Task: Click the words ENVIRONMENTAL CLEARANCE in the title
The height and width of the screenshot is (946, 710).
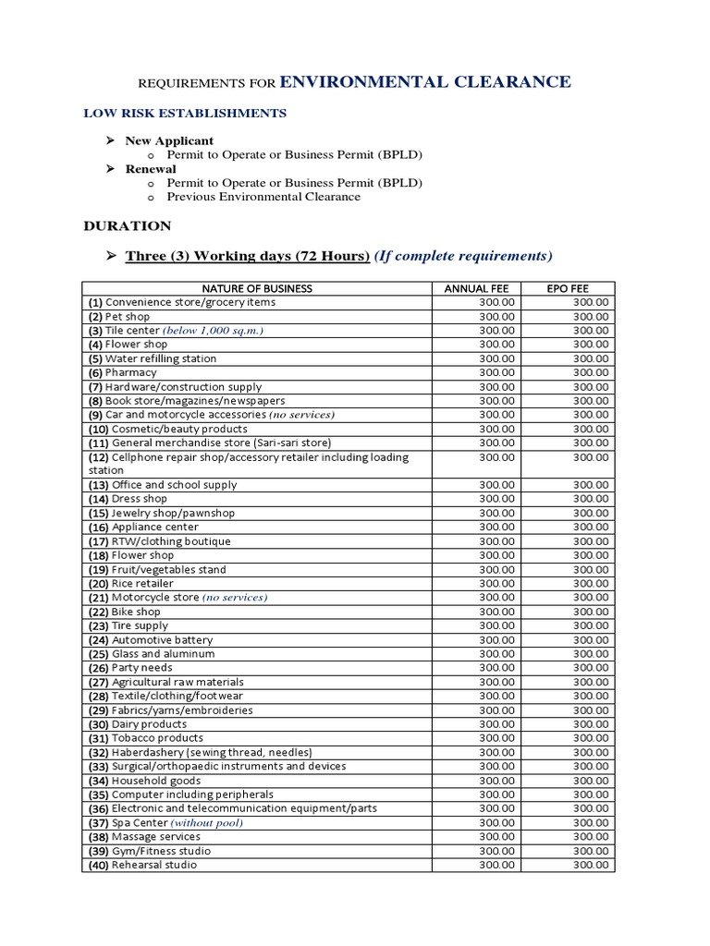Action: (x=424, y=82)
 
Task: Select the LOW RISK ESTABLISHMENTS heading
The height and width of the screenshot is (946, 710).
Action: (x=185, y=113)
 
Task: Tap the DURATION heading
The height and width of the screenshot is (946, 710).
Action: (x=128, y=225)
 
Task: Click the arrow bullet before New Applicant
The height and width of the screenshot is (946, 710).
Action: (x=108, y=140)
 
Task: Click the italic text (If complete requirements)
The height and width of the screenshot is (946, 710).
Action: (x=463, y=255)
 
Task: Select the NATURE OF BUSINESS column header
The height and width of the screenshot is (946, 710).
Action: (x=257, y=288)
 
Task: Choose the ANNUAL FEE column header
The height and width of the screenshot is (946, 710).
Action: (x=477, y=288)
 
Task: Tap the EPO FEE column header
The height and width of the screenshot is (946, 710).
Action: (x=569, y=288)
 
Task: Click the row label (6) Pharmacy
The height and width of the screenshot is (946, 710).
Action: (x=123, y=372)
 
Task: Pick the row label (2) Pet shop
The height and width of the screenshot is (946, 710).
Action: (x=119, y=316)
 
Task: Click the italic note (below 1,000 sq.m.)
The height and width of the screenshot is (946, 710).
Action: (x=213, y=331)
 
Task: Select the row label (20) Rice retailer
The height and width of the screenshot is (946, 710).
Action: (x=131, y=584)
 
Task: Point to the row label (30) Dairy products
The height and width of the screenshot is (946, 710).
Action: (x=137, y=724)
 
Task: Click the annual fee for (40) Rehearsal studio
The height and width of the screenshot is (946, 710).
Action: (x=498, y=865)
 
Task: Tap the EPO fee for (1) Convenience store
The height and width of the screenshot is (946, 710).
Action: (x=591, y=302)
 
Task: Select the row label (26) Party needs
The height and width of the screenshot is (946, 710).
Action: (x=130, y=668)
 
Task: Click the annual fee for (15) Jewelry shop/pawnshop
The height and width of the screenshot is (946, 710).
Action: (x=498, y=513)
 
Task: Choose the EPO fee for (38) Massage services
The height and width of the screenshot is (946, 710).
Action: (x=591, y=837)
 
